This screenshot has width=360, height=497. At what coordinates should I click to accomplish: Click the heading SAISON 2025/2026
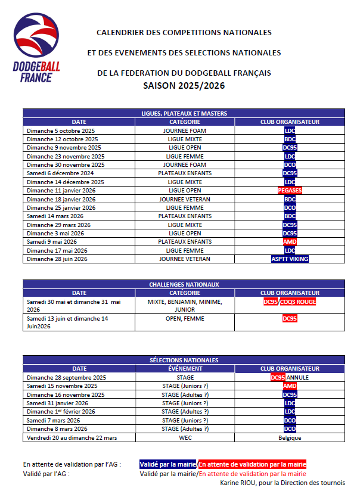pyautogui.click(x=184, y=86)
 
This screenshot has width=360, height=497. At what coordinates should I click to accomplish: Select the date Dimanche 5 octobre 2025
pyautogui.click(x=62, y=131)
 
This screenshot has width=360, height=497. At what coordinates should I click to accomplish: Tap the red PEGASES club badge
pyautogui.click(x=290, y=190)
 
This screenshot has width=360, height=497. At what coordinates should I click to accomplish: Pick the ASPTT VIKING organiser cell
pyautogui.click(x=290, y=259)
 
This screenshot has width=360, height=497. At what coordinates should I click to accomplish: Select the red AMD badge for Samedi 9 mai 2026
pyautogui.click(x=290, y=241)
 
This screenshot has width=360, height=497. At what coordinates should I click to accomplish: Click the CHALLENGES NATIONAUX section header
pyautogui.click(x=184, y=285)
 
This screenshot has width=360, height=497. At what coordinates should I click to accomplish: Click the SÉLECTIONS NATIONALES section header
pyautogui.click(x=184, y=360)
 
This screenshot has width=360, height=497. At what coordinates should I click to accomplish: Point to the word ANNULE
pyautogui.click(x=297, y=377)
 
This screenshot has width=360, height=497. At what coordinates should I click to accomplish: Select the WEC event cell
pyautogui.click(x=185, y=437)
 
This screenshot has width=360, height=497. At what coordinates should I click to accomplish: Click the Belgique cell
pyautogui.click(x=290, y=437)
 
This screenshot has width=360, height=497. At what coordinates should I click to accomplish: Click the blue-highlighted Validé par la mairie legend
pyautogui.click(x=168, y=464)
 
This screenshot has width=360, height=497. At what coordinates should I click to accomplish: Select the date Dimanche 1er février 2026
pyautogui.click(x=61, y=412)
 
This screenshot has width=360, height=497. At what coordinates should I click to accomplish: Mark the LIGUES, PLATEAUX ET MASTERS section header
pyautogui.click(x=184, y=113)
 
